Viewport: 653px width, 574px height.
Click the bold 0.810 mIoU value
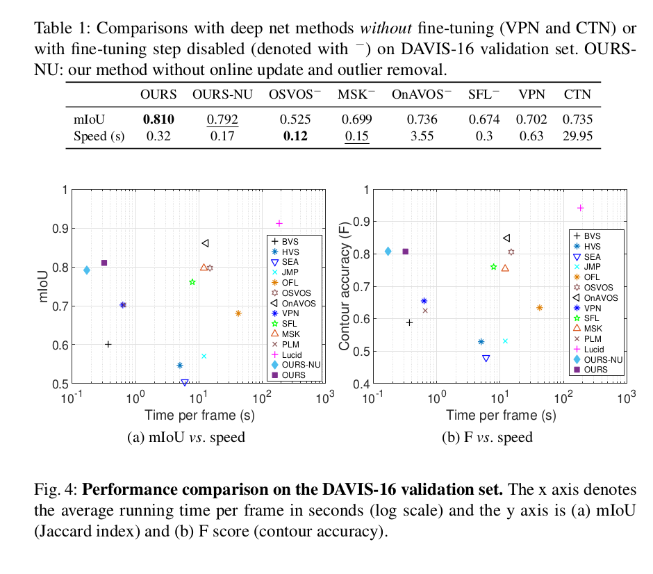[x=158, y=120]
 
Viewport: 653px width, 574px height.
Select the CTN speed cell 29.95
[x=578, y=136]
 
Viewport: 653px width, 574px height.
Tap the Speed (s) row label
[x=99, y=136]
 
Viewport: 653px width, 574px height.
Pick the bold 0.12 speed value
[x=295, y=136]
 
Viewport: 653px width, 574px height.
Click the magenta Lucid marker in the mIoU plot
[x=279, y=223]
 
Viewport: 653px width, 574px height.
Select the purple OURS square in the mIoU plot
[x=104, y=263]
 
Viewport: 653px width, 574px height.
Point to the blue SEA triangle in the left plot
[x=184, y=383]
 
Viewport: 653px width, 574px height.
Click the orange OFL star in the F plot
[x=540, y=307]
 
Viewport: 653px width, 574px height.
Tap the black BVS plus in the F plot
[x=409, y=322]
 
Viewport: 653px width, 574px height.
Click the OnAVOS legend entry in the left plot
[x=295, y=303]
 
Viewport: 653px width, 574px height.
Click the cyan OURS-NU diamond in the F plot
[x=388, y=251]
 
